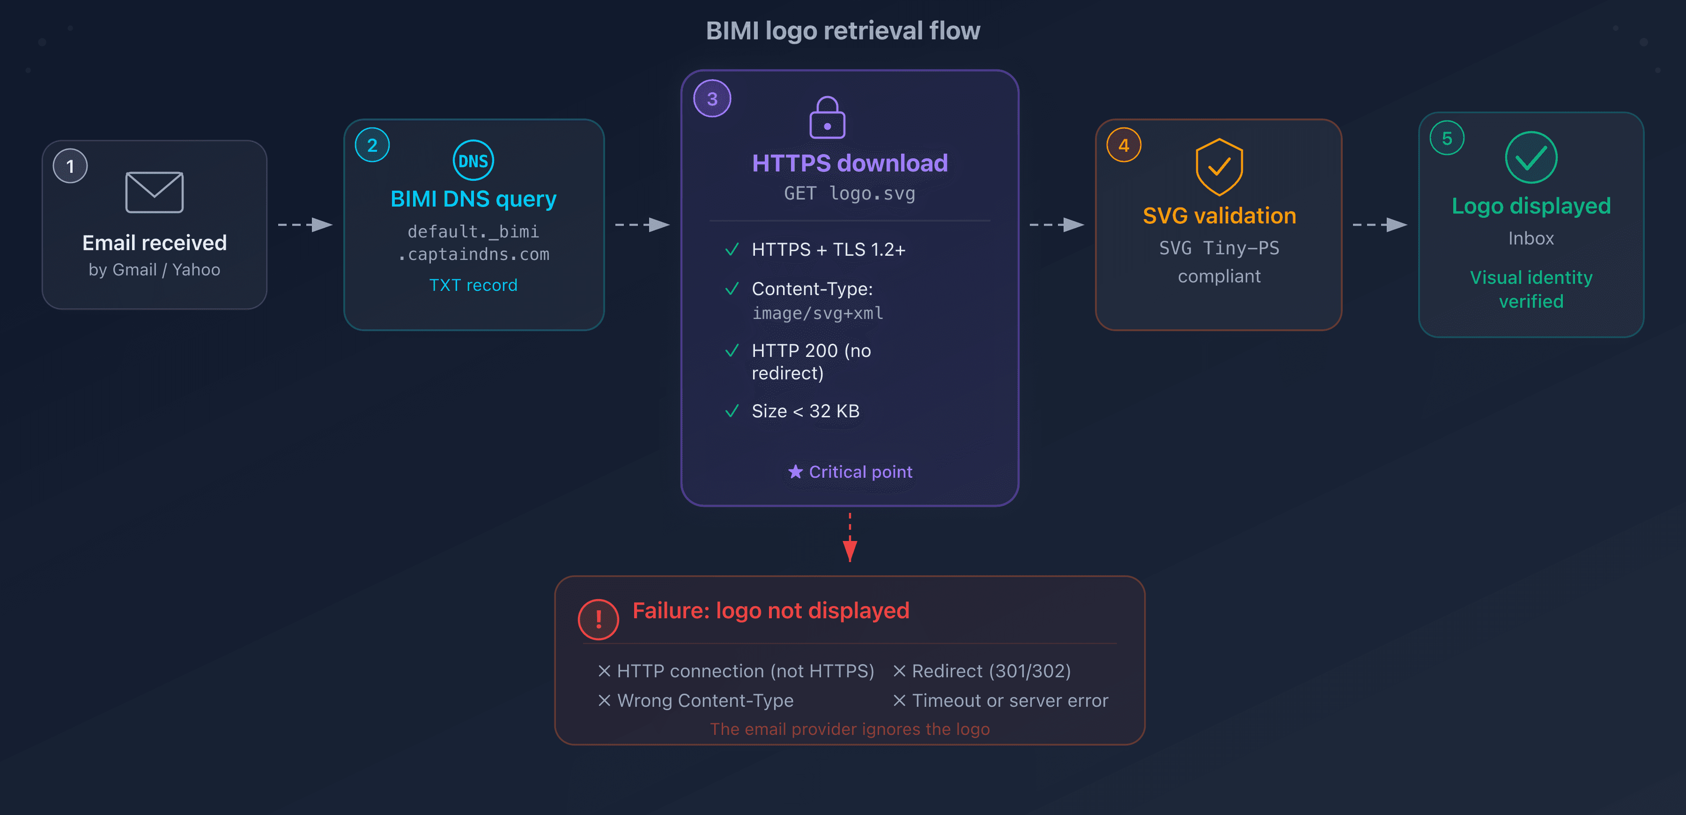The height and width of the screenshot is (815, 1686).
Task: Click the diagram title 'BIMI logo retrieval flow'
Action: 843,31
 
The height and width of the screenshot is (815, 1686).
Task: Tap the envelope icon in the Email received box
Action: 155,193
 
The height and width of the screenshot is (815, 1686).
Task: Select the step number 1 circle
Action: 70,166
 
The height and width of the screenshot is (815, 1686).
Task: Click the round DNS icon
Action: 473,160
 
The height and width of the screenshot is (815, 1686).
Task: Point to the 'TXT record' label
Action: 473,285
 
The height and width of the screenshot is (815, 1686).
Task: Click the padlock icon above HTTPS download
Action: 827,118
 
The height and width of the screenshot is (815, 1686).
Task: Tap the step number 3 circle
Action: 712,99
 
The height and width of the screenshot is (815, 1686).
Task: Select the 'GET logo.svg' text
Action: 850,194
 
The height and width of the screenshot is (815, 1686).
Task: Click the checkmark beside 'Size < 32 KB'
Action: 732,411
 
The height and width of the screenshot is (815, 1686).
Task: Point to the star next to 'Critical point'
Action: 795,472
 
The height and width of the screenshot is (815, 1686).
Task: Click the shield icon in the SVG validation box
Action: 1219,167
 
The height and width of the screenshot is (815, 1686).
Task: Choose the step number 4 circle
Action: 1124,145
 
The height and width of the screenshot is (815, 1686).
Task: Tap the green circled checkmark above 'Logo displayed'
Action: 1531,158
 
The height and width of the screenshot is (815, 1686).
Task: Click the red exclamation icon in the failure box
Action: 598,619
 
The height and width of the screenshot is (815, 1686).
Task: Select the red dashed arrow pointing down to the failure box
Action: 850,538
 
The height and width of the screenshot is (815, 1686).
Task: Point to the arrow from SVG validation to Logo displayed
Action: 1379,224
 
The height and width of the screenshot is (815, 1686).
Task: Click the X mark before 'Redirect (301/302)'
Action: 899,671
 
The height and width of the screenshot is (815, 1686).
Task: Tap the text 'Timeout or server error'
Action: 1010,700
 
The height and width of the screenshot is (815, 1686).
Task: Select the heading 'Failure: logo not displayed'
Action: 770,611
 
